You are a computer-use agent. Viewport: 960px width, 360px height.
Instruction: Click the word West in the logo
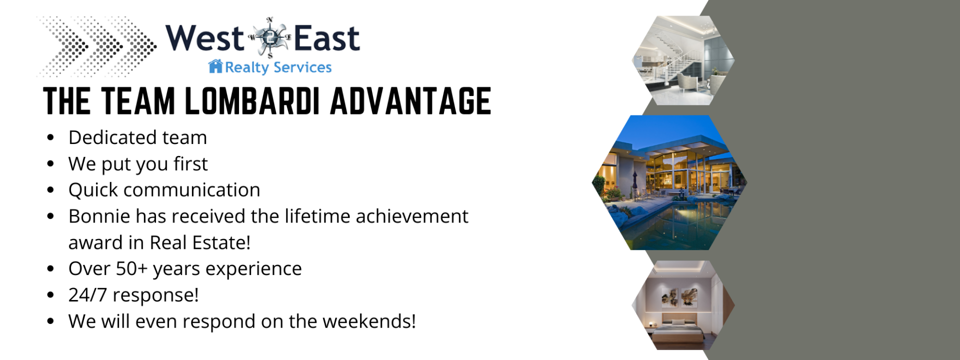pos(204,38)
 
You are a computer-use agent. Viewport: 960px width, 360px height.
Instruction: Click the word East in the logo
pos(326,38)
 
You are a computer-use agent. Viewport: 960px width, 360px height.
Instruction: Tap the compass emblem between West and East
pos(269,37)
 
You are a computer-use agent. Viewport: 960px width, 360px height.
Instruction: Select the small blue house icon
pos(215,66)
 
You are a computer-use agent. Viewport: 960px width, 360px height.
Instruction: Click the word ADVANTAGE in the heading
pos(410,101)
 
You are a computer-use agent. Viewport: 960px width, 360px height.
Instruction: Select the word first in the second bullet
pos(190,163)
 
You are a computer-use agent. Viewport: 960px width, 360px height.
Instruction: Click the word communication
pos(191,190)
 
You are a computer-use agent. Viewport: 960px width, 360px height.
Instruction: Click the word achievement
pos(412,216)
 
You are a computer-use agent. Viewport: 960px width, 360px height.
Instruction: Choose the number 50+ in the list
pos(132,268)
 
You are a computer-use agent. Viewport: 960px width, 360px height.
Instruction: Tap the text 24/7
pos(87,295)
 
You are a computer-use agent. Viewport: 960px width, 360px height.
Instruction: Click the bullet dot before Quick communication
pos(50,190)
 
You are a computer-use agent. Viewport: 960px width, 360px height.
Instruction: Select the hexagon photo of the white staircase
pos(683,60)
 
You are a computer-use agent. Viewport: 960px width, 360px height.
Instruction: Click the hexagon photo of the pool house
pos(669,182)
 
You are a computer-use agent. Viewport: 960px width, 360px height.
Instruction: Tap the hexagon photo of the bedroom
pos(683,305)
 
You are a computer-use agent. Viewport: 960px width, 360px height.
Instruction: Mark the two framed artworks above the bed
pos(677,297)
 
